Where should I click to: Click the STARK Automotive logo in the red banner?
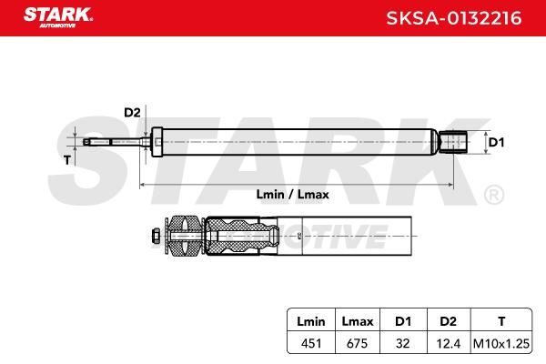[58, 17]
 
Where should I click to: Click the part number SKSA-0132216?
[454, 18]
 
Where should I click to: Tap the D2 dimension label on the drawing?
[132, 113]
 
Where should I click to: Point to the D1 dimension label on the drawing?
[496, 142]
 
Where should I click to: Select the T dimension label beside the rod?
[67, 160]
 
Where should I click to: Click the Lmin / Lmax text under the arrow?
[292, 195]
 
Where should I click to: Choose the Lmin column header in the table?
[311, 321]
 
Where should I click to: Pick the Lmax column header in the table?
[358, 321]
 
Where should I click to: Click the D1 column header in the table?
[403, 321]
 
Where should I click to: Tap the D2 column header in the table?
[448, 321]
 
